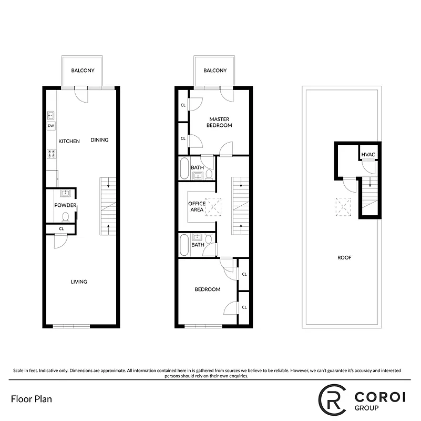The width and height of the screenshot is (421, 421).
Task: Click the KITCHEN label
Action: click(x=69, y=141)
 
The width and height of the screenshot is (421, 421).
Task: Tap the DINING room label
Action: click(x=99, y=140)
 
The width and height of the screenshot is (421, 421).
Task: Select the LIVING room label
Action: click(x=79, y=282)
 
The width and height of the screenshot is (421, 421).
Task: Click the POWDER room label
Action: click(x=65, y=205)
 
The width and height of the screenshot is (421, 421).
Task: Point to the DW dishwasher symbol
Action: click(x=51, y=126)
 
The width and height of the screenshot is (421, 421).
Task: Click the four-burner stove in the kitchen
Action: click(x=52, y=154)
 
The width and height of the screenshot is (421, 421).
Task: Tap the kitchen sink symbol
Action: click(x=51, y=115)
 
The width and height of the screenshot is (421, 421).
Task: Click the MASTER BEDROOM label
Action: click(x=220, y=122)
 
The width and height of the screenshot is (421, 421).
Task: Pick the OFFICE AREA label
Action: click(x=197, y=206)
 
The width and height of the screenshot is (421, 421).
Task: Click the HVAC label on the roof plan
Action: click(x=368, y=154)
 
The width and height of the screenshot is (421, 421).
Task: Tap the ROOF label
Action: click(x=345, y=258)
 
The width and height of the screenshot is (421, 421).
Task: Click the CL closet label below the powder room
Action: click(x=61, y=228)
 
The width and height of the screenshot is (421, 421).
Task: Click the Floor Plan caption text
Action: click(x=31, y=398)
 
